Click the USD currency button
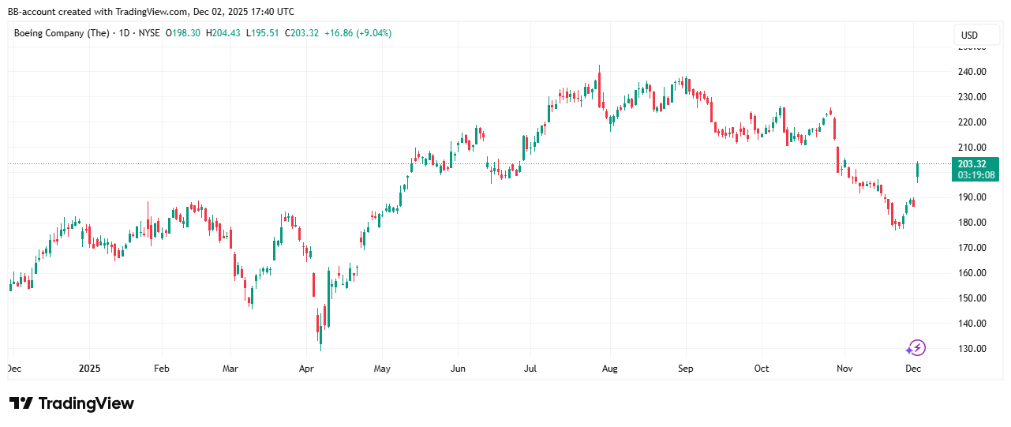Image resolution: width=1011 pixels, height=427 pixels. point(969,35)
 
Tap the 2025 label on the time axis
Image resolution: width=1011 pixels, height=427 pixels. point(89,369)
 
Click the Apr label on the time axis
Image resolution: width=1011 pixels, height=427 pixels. point(307,369)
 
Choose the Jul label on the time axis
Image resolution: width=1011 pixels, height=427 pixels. point(530,369)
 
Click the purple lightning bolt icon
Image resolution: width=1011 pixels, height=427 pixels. point(916,348)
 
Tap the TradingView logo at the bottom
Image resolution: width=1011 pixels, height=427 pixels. point(72,403)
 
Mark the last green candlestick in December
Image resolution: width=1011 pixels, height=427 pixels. point(918,170)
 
